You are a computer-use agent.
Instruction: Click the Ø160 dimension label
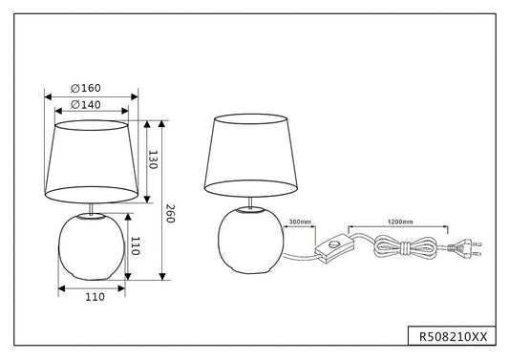tap(86, 88)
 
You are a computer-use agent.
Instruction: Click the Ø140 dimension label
tap(86, 104)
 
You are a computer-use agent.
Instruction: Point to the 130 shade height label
tap(153, 159)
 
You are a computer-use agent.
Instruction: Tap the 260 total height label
tap(170, 214)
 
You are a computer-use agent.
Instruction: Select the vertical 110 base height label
tap(135, 245)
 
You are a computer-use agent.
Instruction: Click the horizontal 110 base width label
tap(95, 297)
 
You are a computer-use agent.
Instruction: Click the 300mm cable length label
tap(300, 222)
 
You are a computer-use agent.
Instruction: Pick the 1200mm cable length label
tap(400, 222)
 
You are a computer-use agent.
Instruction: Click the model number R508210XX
tap(454, 337)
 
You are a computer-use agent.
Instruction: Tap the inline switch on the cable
tap(334, 248)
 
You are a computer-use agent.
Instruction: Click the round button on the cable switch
tap(332, 244)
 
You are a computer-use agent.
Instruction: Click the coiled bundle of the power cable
tap(406, 247)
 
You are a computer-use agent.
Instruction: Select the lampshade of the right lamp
tap(251, 155)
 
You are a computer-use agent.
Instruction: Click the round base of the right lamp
tap(250, 241)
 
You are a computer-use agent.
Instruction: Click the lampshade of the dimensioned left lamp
tap(92, 161)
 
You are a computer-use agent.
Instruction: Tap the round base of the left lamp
tap(92, 246)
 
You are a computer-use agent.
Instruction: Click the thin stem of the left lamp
tap(92, 209)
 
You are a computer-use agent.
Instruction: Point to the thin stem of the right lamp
tap(250, 202)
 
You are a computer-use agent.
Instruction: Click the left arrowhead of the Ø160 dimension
tap(48, 96)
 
